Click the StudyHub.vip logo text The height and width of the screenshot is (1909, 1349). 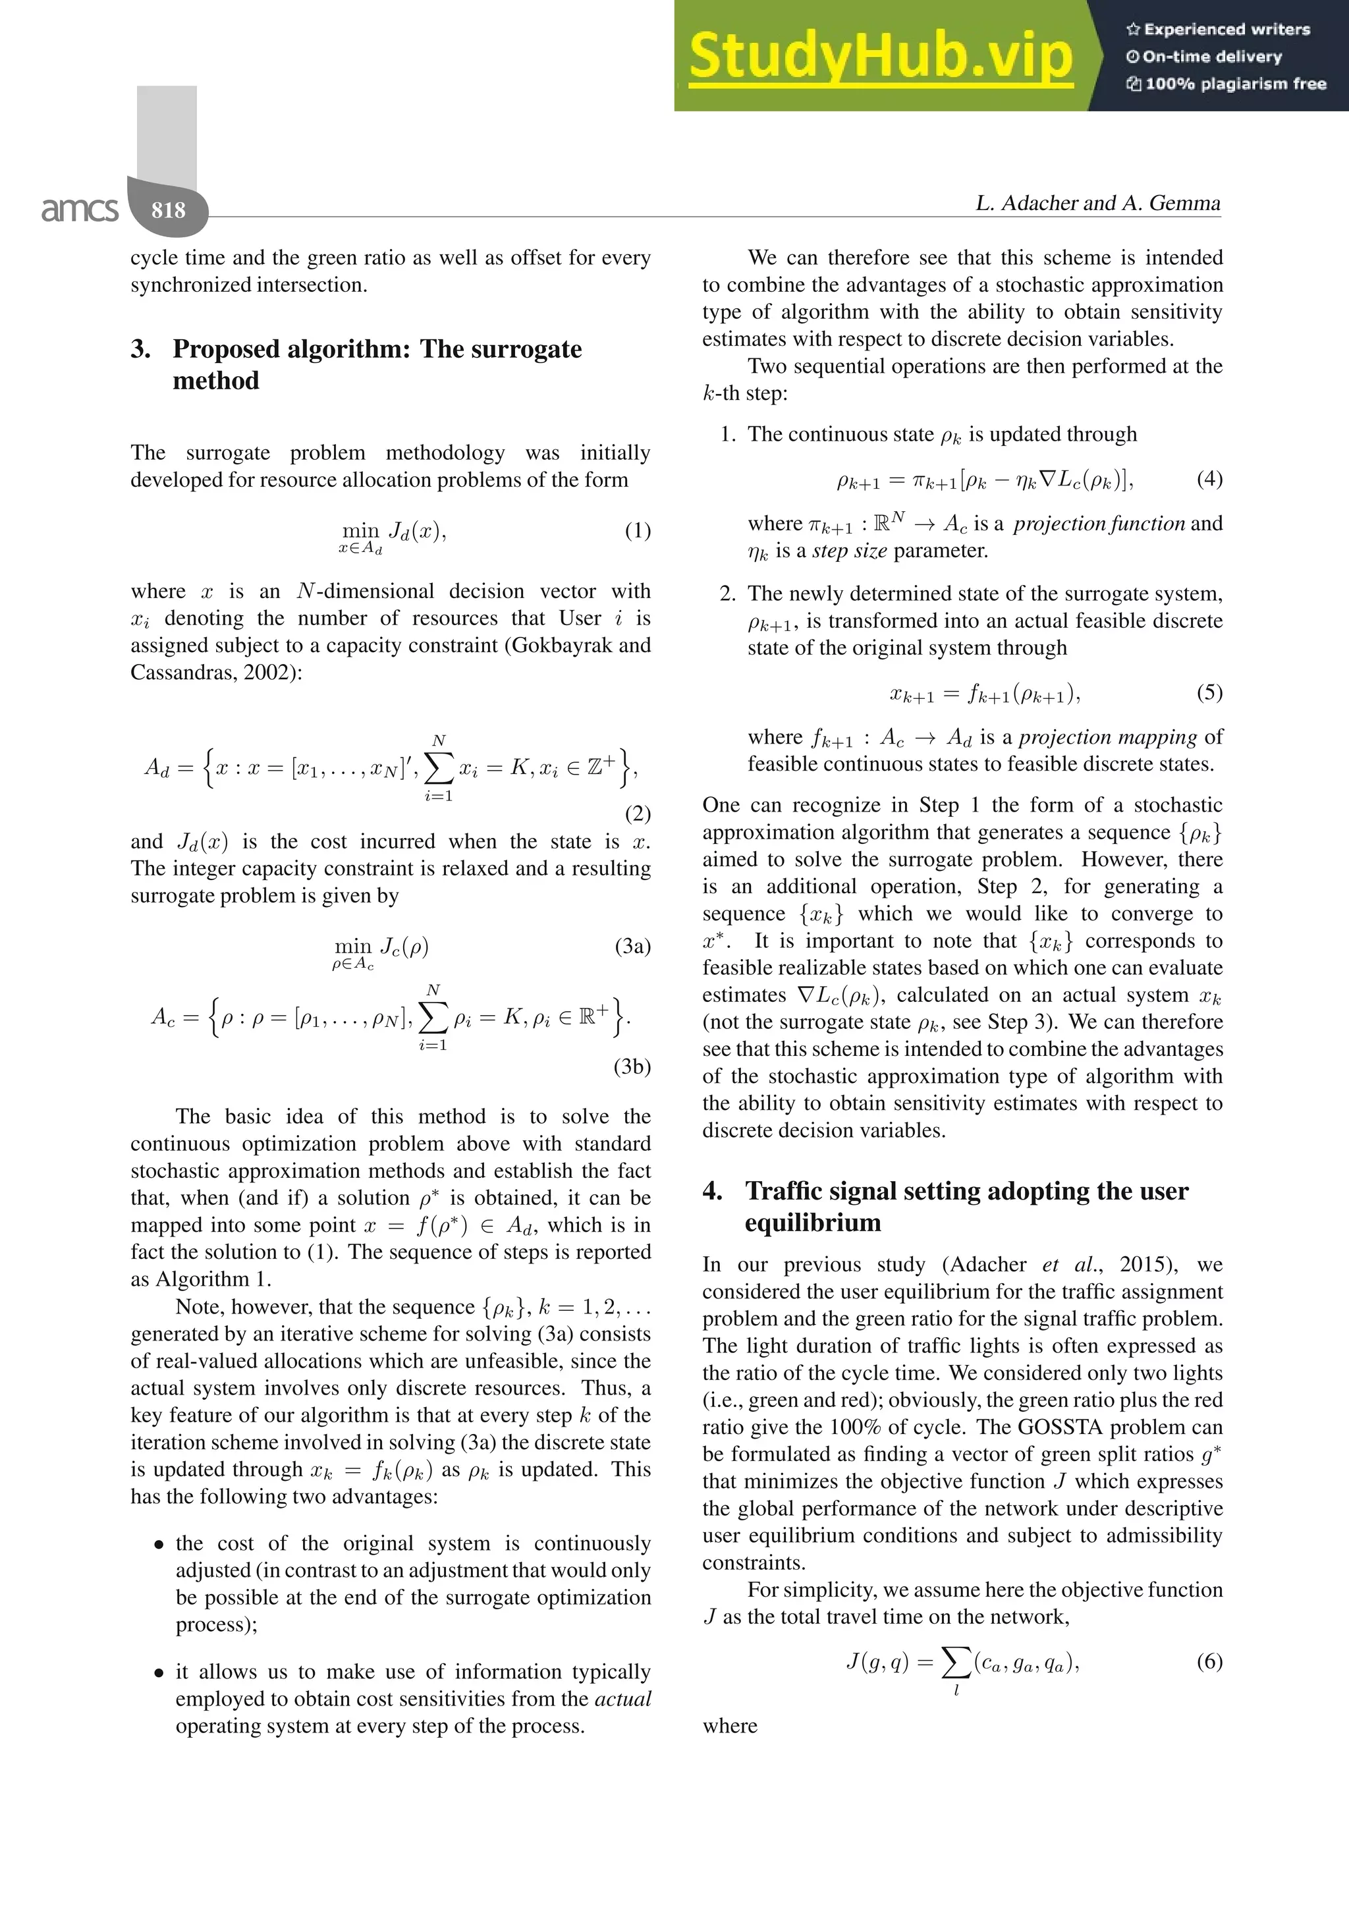coord(879,56)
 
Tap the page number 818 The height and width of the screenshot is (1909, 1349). coord(168,209)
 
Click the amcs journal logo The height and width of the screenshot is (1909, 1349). coord(80,209)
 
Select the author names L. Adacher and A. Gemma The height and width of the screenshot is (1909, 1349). coord(1097,203)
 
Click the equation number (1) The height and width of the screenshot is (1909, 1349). coord(638,530)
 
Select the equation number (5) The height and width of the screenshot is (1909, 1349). coord(1209,692)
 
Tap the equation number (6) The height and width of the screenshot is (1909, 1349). coord(1209,1661)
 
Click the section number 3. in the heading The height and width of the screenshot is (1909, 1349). coord(140,349)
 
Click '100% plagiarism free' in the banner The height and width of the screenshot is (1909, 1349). coord(1234,83)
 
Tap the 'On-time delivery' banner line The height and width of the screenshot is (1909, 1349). coord(1211,57)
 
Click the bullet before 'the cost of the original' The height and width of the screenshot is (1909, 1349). coord(159,1545)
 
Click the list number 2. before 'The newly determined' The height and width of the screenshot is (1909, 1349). coord(727,594)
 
